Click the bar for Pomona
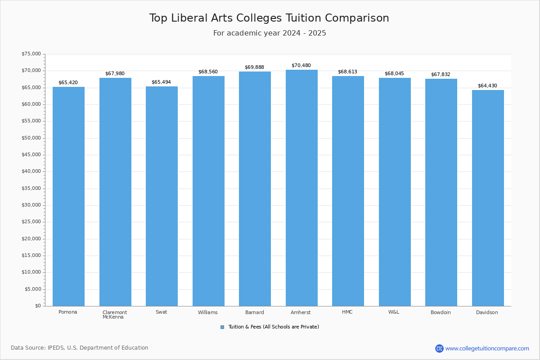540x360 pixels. (68, 196)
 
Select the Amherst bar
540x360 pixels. (301, 188)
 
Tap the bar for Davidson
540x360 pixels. (488, 198)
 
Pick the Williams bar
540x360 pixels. (208, 191)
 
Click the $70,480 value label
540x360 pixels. (301, 66)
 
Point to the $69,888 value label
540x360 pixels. (254, 67)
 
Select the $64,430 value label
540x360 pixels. (487, 86)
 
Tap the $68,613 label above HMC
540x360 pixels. (347, 72)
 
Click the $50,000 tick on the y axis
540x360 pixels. (31, 138)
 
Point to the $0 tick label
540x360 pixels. (38, 306)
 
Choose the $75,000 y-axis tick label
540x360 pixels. (31, 54)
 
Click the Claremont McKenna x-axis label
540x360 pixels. (115, 315)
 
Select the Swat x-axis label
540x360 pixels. (161, 312)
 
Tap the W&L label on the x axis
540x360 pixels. (394, 312)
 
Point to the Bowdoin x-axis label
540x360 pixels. (441, 312)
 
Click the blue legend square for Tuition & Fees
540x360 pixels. (222, 327)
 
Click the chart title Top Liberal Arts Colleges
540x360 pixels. (269, 18)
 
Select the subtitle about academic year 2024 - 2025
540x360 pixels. (270, 33)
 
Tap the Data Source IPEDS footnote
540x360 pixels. (80, 348)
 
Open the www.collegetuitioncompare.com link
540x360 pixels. (487, 348)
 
